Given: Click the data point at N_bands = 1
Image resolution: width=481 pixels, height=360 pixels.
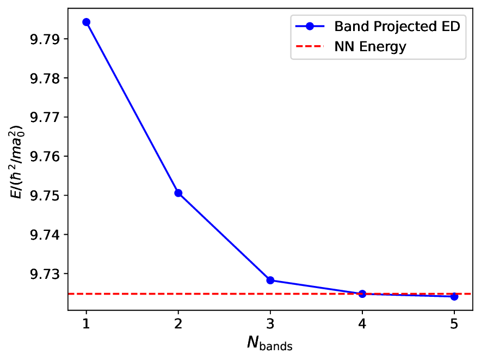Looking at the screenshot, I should tap(86, 22).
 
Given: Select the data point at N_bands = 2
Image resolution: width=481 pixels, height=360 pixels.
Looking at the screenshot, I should tap(178, 193).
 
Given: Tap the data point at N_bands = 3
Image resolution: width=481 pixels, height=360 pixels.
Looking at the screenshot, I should tap(270, 280).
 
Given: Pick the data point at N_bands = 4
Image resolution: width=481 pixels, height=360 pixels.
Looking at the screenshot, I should tap(362, 294).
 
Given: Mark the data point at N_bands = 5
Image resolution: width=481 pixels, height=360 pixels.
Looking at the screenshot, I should tap(454, 296).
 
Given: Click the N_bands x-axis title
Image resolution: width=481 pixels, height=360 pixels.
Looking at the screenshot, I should tap(270, 343).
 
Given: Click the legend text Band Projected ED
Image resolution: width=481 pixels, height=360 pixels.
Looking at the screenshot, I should tap(397, 27).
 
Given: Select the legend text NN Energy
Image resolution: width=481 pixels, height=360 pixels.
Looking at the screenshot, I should tap(370, 47).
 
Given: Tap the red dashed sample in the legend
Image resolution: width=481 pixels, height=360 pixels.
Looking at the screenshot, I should tap(310, 47).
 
